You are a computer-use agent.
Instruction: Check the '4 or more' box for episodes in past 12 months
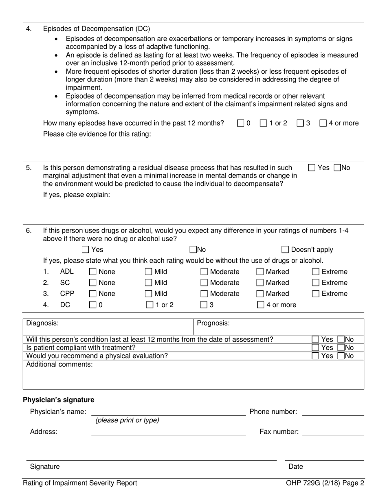(323, 123)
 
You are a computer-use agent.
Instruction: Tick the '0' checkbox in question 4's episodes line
(241, 123)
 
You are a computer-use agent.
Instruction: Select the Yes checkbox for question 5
(312, 167)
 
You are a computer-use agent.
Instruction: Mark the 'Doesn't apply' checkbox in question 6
(285, 250)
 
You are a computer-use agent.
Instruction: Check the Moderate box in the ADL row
(204, 272)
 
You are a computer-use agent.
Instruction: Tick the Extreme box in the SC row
(316, 283)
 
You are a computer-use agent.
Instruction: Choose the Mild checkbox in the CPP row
(149, 294)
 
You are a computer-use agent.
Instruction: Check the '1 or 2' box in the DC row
(150, 305)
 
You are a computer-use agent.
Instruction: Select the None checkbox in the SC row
(93, 283)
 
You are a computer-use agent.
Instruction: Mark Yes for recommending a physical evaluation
(315, 356)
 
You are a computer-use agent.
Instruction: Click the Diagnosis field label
(42, 323)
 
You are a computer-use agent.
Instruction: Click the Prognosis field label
(213, 323)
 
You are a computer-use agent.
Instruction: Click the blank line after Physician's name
(168, 412)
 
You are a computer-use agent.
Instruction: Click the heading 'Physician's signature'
(58, 400)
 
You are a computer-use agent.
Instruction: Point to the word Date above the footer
(296, 467)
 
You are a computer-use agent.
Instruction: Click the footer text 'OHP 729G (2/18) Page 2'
(325, 483)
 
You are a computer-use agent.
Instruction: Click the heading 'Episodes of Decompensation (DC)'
(97, 29)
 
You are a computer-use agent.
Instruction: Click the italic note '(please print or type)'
(127, 420)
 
